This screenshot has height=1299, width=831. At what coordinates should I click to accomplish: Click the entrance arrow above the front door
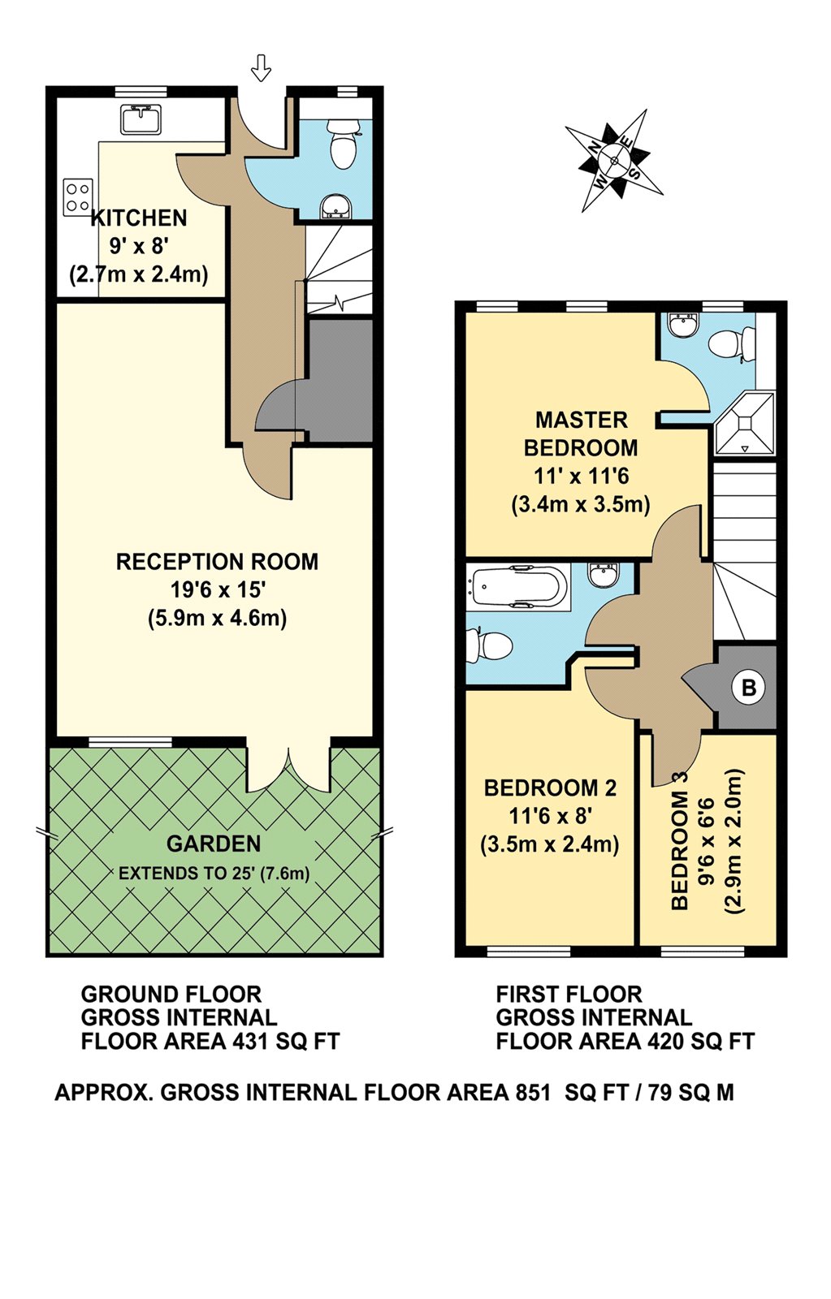[x=261, y=67]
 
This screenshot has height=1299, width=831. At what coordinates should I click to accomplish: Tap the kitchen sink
[x=141, y=119]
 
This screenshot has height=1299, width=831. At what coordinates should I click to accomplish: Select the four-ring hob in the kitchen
[x=78, y=196]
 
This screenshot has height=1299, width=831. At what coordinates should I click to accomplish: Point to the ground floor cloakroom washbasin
[x=335, y=207]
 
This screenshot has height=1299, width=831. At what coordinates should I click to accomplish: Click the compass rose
[x=614, y=160]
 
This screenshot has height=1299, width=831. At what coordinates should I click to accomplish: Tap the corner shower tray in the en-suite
[x=744, y=422]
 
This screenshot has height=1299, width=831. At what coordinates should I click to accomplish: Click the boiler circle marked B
[x=749, y=688]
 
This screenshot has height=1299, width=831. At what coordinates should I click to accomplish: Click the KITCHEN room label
[x=139, y=218]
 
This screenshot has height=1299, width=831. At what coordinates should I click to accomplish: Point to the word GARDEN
[x=214, y=844]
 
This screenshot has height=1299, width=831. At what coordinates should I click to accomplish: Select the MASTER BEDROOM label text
[x=581, y=434]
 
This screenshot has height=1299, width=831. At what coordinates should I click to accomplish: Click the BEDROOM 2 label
[x=550, y=788]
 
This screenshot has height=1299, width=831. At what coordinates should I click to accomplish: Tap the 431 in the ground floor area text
[x=249, y=1041]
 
